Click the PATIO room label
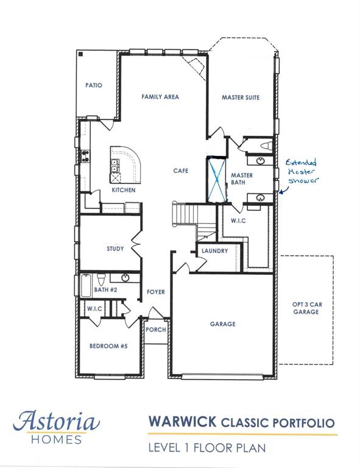coord(94,85)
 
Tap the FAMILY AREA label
coord(160,96)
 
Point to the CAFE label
coord(179,171)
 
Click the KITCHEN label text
coord(123,190)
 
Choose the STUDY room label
coord(115,249)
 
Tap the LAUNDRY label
coord(214,250)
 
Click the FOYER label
coord(156,292)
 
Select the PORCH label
coord(155,330)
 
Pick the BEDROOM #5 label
coord(108,346)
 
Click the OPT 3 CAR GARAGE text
coord(306,308)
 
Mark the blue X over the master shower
coord(216,179)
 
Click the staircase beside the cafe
coord(185,214)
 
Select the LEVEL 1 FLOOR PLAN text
coord(208,448)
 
